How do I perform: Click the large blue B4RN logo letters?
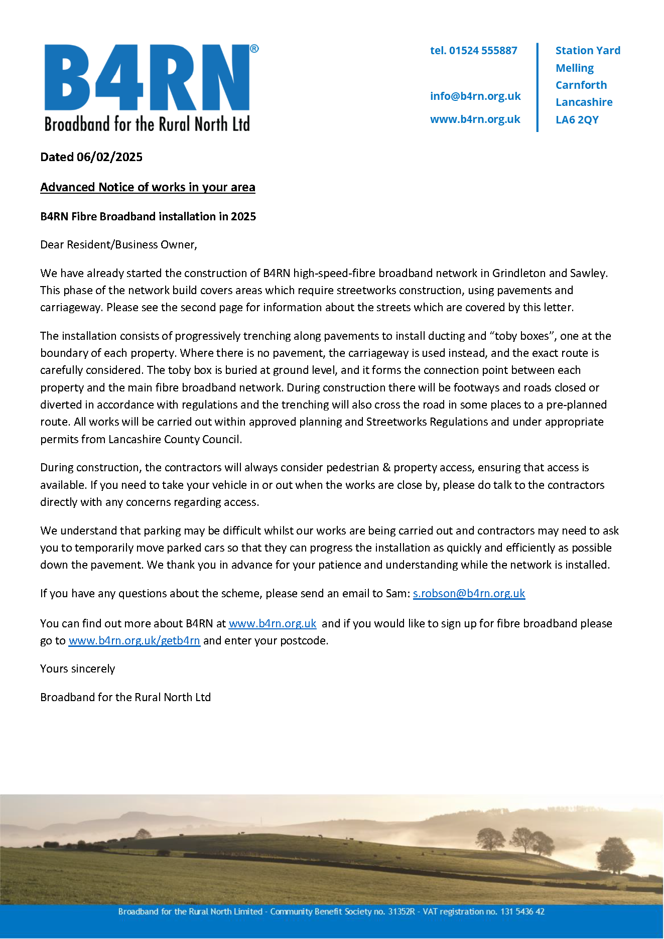point(147,78)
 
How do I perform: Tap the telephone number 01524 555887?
point(483,51)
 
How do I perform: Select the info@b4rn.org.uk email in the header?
point(475,96)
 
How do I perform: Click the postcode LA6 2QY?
point(577,120)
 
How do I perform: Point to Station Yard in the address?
point(588,51)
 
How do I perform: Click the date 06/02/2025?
point(109,157)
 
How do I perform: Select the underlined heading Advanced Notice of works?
point(148,187)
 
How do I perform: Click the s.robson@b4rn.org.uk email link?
point(469,594)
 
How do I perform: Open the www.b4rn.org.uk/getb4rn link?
point(134,641)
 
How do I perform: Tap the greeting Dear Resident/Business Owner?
point(118,245)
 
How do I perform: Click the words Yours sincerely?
point(78,669)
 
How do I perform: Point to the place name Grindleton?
point(518,274)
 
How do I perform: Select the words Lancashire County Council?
point(175,440)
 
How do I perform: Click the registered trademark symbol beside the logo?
point(254,49)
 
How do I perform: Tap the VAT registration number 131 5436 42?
point(522,911)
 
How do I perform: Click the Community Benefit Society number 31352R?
point(401,911)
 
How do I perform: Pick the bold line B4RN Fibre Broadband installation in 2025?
point(148,217)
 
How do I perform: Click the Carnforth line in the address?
point(581,85)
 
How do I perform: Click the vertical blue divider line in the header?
point(538,87)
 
